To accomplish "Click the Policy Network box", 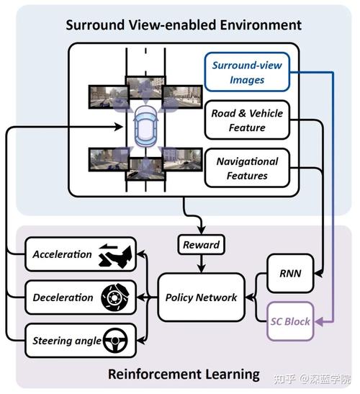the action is [x=201, y=297].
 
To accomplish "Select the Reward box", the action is [x=201, y=244].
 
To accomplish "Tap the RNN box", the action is [x=290, y=274].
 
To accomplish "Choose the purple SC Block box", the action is [x=290, y=321].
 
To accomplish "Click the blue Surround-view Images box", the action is [x=247, y=72].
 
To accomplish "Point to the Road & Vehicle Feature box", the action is [x=247, y=120].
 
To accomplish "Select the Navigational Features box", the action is [x=247, y=168].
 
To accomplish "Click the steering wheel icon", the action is [x=115, y=341].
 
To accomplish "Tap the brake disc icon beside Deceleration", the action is [x=115, y=297].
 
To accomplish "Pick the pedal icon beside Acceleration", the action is [x=115, y=256].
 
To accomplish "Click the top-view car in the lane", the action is [x=145, y=126].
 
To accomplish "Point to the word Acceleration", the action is [x=63, y=254].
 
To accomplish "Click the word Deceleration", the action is [x=63, y=297].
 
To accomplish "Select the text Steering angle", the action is [x=67, y=341].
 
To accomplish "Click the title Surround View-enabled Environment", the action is [x=184, y=25].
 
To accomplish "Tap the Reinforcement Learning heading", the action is [x=184, y=375].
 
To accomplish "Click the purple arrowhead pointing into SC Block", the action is [x=318, y=321].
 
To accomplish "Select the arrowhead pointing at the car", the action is [x=119, y=127].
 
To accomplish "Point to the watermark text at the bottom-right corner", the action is [x=312, y=379].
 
